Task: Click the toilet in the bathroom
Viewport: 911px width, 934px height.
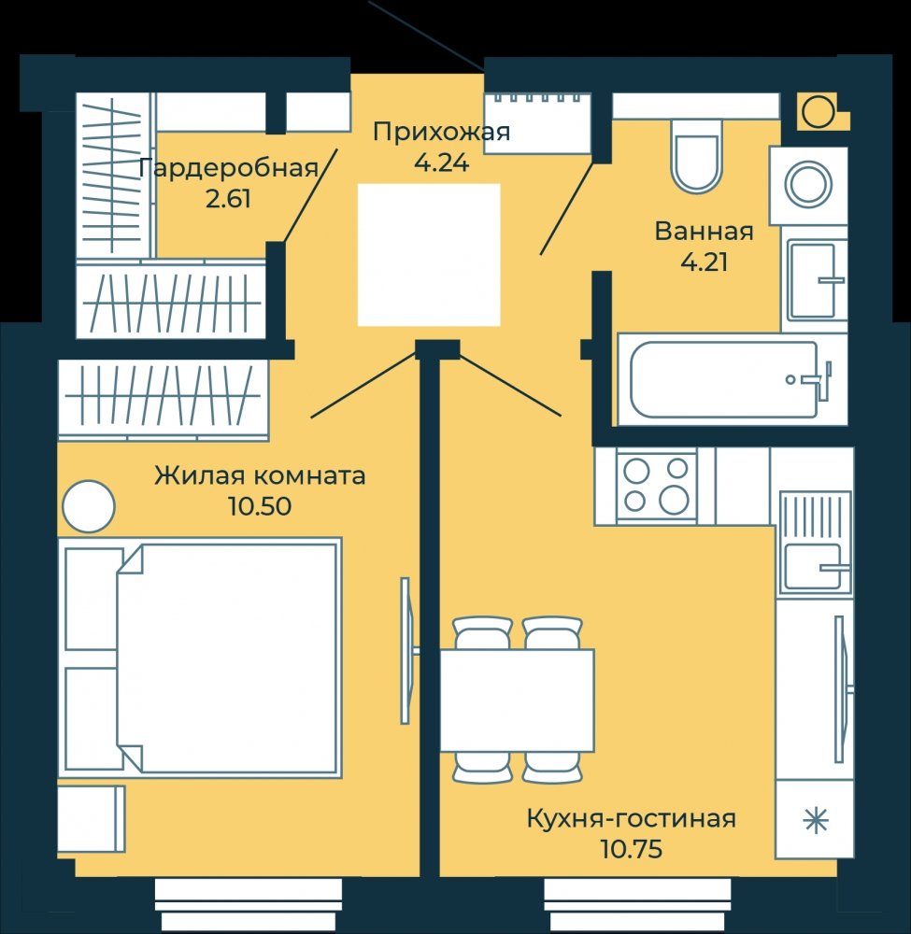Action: point(696,156)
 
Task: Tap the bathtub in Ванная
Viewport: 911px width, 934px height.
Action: point(724,379)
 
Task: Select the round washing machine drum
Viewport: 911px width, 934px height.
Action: point(808,184)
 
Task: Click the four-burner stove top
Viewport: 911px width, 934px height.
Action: point(656,486)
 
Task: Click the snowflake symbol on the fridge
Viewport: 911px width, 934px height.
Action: point(816,821)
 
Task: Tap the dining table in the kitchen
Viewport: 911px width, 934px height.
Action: point(517,700)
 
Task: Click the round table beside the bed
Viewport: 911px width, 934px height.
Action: point(88,506)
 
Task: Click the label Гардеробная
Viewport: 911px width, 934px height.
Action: point(228,168)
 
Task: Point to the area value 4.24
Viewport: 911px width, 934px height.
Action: point(442,162)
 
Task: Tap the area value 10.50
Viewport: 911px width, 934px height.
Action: point(260,506)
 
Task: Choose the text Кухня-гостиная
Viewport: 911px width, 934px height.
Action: point(632,819)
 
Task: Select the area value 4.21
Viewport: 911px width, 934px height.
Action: point(705,262)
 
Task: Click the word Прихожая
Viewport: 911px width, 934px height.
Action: point(442,132)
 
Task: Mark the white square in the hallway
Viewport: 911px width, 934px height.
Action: point(428,255)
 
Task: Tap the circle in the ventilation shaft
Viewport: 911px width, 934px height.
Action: point(818,111)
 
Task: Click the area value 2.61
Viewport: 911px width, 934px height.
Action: point(228,199)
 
